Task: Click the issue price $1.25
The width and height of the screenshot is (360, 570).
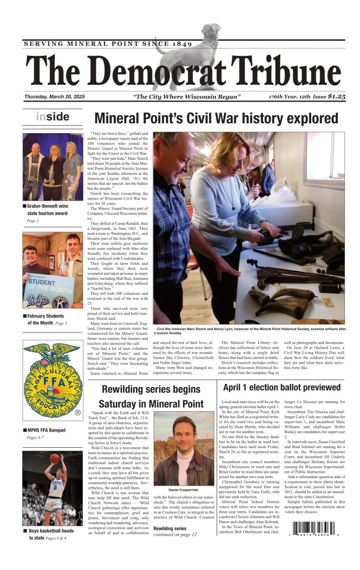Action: click(x=337, y=97)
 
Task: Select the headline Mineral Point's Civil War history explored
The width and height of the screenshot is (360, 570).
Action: click(x=216, y=118)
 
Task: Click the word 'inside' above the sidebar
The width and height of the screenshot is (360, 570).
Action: click(x=52, y=117)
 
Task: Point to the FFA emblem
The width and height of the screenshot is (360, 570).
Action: click(x=52, y=381)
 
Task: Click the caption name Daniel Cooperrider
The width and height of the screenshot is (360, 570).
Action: click(x=184, y=490)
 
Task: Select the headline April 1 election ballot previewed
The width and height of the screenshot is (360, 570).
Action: click(x=281, y=387)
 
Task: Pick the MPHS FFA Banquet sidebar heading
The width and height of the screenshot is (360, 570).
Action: click(x=46, y=430)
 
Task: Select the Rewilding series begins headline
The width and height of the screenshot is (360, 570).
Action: click(x=151, y=397)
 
